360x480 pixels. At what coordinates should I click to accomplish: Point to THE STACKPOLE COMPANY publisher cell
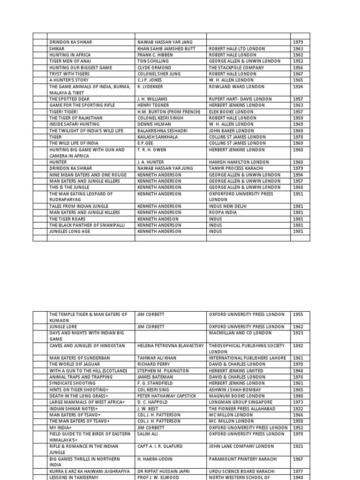[x=236, y=67]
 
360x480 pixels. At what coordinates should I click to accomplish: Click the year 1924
[x=298, y=87]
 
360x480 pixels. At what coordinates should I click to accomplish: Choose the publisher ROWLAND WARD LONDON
[x=236, y=87]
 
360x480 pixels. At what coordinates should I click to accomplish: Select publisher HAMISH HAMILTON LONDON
[x=239, y=162]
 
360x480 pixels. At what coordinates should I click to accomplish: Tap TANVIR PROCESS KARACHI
[x=236, y=168]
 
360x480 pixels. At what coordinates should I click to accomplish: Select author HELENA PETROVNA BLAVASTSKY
[x=171, y=345]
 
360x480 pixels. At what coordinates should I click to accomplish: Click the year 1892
[x=298, y=345]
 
